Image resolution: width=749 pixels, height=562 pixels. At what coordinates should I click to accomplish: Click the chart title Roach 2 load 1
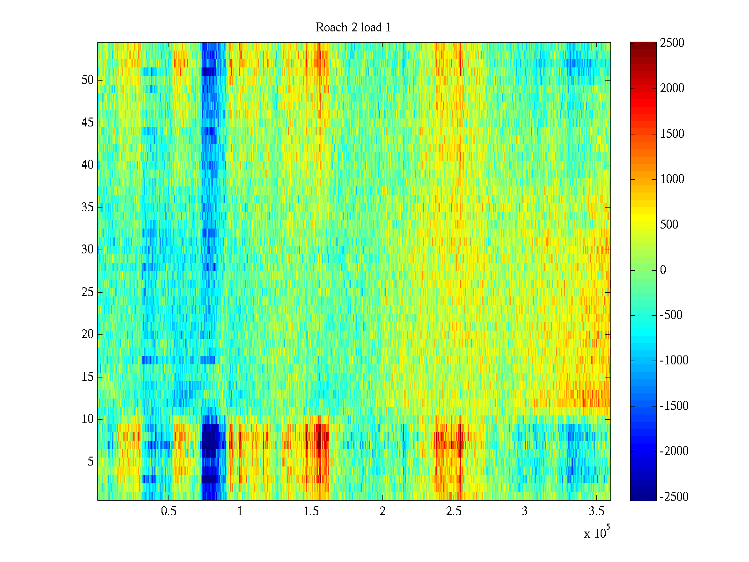[x=353, y=28]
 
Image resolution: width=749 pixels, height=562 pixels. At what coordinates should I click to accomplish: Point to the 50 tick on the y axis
[x=88, y=80]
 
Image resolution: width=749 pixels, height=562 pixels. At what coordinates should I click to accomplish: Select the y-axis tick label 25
[x=88, y=292]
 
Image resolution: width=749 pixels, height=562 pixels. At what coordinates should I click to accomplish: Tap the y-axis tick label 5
[x=90, y=462]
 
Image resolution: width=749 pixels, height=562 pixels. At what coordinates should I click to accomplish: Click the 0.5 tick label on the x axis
[x=169, y=511]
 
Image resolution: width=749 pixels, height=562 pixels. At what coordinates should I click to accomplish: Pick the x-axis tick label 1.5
[x=311, y=511]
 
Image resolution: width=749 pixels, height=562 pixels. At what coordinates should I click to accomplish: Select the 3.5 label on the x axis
[x=596, y=511]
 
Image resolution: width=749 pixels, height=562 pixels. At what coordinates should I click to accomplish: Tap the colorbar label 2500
[x=672, y=43]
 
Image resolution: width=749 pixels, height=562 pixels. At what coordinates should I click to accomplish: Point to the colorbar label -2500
[x=674, y=496]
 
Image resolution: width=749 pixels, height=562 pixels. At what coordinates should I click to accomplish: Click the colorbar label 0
[x=663, y=270]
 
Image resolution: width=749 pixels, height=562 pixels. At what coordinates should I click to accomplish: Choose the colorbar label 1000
[x=672, y=179]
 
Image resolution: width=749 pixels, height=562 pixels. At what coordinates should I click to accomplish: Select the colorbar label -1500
[x=674, y=406]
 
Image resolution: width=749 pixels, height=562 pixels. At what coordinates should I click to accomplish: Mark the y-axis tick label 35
[x=88, y=207]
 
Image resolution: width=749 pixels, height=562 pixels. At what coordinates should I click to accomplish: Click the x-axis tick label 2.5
[x=454, y=511]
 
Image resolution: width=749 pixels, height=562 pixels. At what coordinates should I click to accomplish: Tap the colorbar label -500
[x=671, y=315]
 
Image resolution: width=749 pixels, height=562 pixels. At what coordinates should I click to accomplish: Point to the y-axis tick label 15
[x=88, y=377]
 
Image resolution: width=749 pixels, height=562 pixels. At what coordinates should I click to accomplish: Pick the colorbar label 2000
[x=672, y=89]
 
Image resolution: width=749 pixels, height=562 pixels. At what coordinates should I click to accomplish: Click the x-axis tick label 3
[x=525, y=511]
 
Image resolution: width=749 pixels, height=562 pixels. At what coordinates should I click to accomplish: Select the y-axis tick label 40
[x=88, y=165]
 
